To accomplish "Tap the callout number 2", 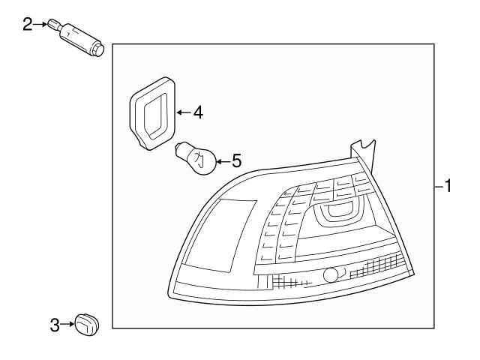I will click(28, 25).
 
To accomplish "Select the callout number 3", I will click(55, 325).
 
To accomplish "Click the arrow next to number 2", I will click(40, 25).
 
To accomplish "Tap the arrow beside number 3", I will click(67, 325).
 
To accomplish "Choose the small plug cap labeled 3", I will click(87, 325).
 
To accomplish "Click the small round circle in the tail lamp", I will click(330, 275).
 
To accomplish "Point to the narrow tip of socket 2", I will click(54, 23).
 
